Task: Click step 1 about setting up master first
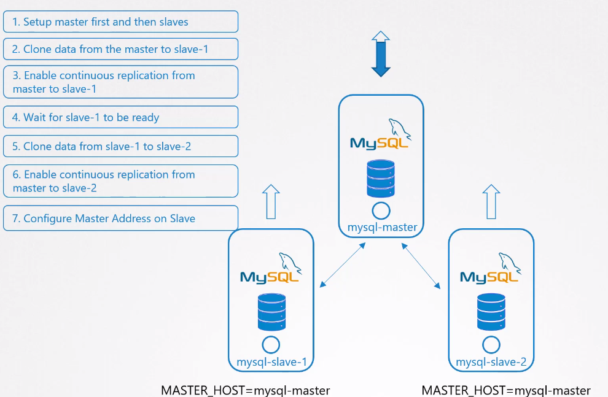pos(120,22)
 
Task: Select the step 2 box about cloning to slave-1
pos(120,49)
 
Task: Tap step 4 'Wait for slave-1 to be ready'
pos(120,117)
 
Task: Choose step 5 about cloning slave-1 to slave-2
pos(120,147)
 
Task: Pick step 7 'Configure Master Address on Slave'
pos(120,218)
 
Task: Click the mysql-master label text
pos(382,228)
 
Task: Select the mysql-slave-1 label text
pos(271,362)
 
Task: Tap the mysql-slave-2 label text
pos(491,362)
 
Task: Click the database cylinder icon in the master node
pos(381,179)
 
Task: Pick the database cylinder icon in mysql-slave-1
pos(271,312)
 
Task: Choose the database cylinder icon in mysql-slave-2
pos(491,312)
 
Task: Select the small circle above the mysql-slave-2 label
pos(491,344)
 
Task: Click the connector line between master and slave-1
pos(343,264)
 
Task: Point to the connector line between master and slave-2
pos(421,264)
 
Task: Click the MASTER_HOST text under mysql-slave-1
pos(246,390)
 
